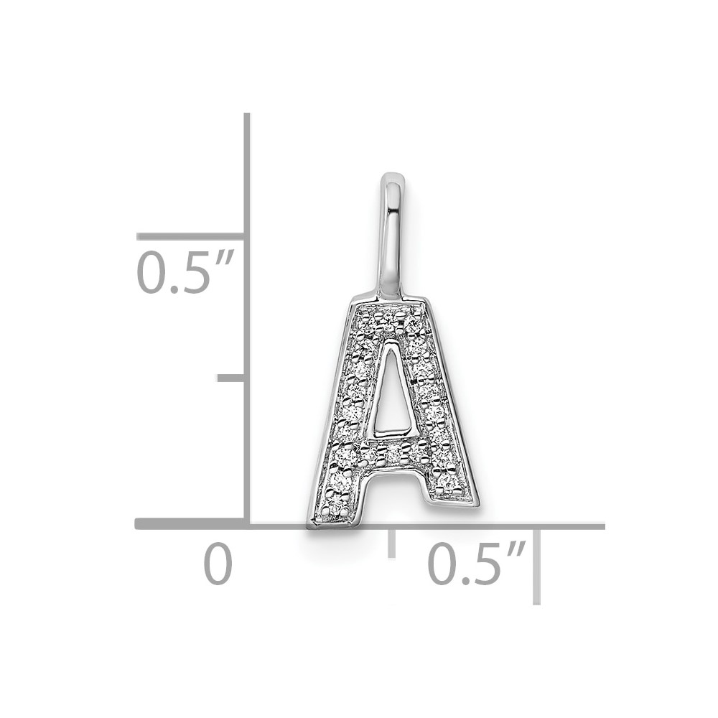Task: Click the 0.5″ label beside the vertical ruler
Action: (185, 272)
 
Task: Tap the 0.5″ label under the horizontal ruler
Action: (476, 563)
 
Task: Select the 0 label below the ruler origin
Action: (218, 563)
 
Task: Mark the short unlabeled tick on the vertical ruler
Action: (230, 378)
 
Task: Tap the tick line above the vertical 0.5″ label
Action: (190, 236)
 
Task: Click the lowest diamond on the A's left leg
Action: (337, 505)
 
